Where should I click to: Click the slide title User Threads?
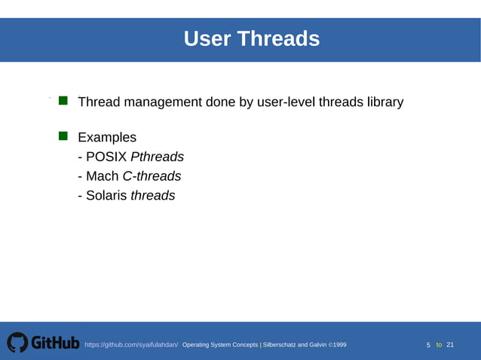[x=252, y=38]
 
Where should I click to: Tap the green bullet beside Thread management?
[x=63, y=100]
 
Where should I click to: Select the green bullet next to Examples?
[x=63, y=136]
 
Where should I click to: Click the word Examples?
[x=107, y=138]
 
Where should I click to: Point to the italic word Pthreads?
[x=157, y=157]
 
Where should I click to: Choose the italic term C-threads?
[x=152, y=176]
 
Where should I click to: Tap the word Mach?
[x=102, y=176]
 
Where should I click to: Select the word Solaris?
[x=106, y=196]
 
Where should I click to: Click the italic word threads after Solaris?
[x=153, y=196]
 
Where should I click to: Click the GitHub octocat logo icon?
[x=17, y=343]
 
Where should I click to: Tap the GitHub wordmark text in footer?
[x=54, y=343]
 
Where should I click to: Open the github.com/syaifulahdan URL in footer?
[x=131, y=345]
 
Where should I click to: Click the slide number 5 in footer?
[x=428, y=345]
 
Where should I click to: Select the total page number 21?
[x=450, y=345]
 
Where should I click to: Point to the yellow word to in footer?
[x=439, y=345]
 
